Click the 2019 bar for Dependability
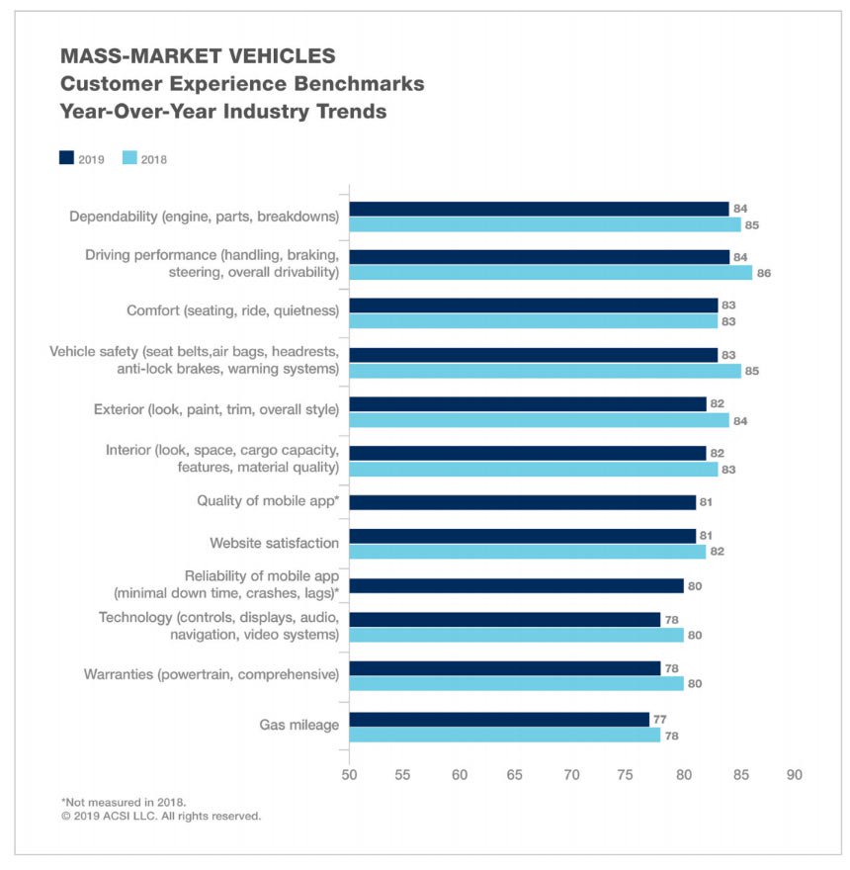539,209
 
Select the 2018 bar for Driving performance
551,272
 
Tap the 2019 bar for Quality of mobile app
522,502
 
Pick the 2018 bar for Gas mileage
505,735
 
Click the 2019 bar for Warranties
505,668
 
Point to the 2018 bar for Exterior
539,420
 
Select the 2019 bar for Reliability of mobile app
516,585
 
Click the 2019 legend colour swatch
67,157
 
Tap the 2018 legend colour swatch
128,157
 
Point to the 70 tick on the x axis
571,775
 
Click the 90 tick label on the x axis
794,775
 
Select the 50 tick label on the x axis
349,775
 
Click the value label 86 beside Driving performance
764,273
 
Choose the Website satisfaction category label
274,543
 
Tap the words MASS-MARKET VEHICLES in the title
198,55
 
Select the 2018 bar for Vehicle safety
545,371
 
